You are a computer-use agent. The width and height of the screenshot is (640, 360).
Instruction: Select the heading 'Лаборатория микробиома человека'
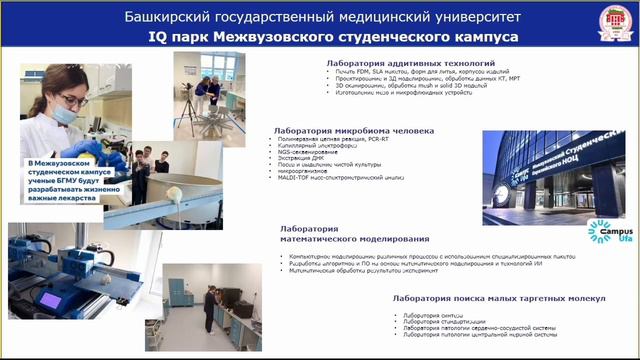[355, 131]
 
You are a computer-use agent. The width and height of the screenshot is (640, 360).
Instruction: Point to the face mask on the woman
[66, 116]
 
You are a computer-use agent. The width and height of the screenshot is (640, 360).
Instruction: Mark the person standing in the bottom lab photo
[210, 310]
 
